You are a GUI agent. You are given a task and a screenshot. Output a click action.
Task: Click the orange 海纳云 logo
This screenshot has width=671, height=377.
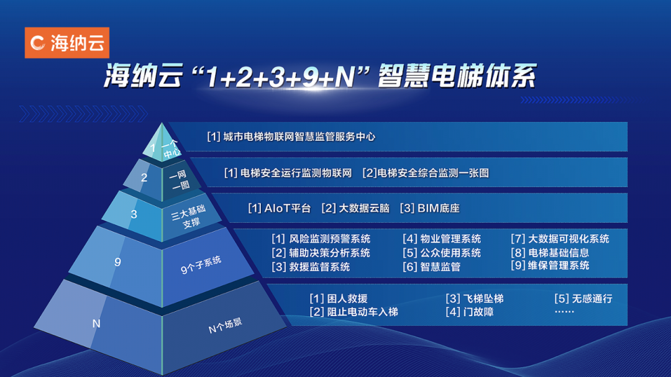67,43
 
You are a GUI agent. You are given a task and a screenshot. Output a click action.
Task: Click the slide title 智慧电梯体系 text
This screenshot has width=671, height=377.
459,79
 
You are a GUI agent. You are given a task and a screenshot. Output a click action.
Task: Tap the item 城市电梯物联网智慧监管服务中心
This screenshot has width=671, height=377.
292,137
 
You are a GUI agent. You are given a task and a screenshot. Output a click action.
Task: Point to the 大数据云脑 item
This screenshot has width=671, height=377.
355,208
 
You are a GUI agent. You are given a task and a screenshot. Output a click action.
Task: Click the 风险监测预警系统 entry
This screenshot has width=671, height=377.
322,238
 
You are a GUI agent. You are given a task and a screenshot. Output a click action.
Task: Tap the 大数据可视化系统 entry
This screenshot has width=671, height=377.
560,238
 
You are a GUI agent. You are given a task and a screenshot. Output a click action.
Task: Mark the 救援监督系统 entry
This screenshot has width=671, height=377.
311,266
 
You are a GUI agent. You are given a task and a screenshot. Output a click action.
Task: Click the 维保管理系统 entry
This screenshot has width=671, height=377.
550,265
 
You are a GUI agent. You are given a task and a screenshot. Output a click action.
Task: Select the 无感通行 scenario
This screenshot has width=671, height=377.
583,299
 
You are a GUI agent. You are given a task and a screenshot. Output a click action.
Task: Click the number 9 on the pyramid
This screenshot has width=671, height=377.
117,262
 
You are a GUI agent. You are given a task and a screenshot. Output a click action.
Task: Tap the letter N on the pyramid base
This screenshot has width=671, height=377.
96,324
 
